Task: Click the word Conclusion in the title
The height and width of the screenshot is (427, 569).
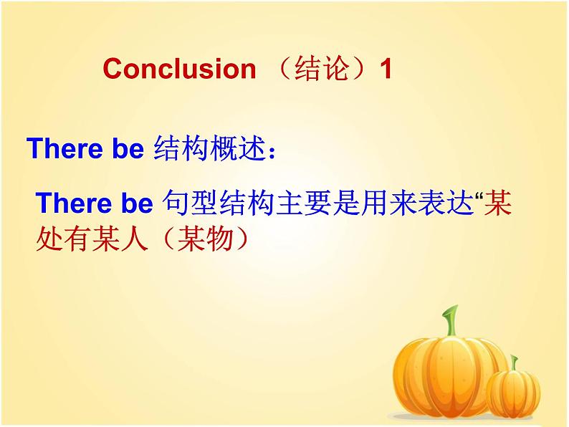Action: tap(179, 69)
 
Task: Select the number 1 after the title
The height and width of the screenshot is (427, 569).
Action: tap(385, 69)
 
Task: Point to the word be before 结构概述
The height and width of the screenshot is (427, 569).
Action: tap(128, 148)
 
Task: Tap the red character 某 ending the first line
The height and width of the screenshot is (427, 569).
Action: tap(498, 203)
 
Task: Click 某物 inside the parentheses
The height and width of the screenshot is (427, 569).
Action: tap(205, 239)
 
